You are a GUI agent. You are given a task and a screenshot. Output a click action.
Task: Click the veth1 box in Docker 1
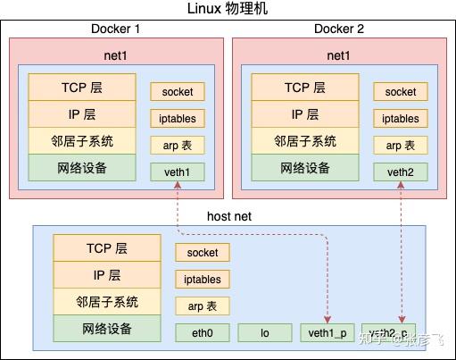click(177, 172)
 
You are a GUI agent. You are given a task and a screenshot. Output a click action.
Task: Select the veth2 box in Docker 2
click(401, 172)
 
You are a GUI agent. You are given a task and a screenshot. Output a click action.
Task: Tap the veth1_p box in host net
click(327, 332)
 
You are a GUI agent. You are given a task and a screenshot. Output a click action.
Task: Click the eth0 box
click(203, 332)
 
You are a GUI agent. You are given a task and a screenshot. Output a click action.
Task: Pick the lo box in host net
click(264, 332)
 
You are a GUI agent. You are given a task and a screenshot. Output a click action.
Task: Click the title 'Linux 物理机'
click(228, 10)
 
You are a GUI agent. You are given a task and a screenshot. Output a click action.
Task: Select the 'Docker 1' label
click(115, 29)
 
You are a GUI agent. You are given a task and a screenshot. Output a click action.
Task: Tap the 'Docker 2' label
click(338, 29)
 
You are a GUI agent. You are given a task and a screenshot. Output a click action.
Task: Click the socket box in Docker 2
click(401, 91)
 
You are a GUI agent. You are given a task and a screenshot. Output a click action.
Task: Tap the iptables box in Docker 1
click(177, 118)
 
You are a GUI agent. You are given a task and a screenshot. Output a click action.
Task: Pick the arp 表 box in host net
click(203, 306)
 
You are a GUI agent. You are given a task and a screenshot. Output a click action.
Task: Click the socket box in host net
click(203, 253)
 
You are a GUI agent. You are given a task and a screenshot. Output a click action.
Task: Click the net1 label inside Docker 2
click(338, 55)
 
